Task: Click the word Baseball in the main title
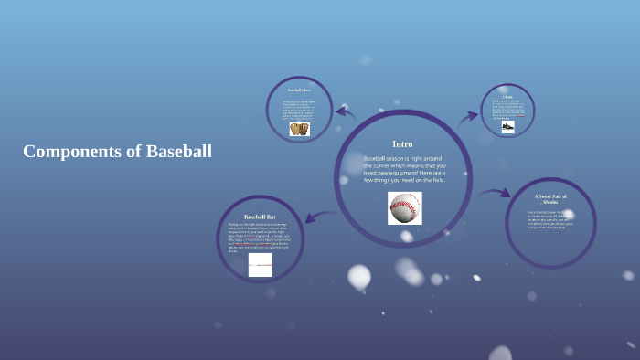click(178, 152)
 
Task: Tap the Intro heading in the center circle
click(402, 143)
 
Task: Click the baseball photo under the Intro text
click(404, 208)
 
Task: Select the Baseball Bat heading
click(260, 217)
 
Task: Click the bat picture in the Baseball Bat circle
click(261, 265)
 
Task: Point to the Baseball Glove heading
click(299, 90)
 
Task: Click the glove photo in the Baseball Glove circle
click(300, 129)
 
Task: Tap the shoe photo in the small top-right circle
click(508, 126)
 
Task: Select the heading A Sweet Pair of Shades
click(550, 199)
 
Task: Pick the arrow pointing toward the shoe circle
click(467, 116)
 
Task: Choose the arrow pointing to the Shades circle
click(495, 193)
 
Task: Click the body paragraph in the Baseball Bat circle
click(260, 237)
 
